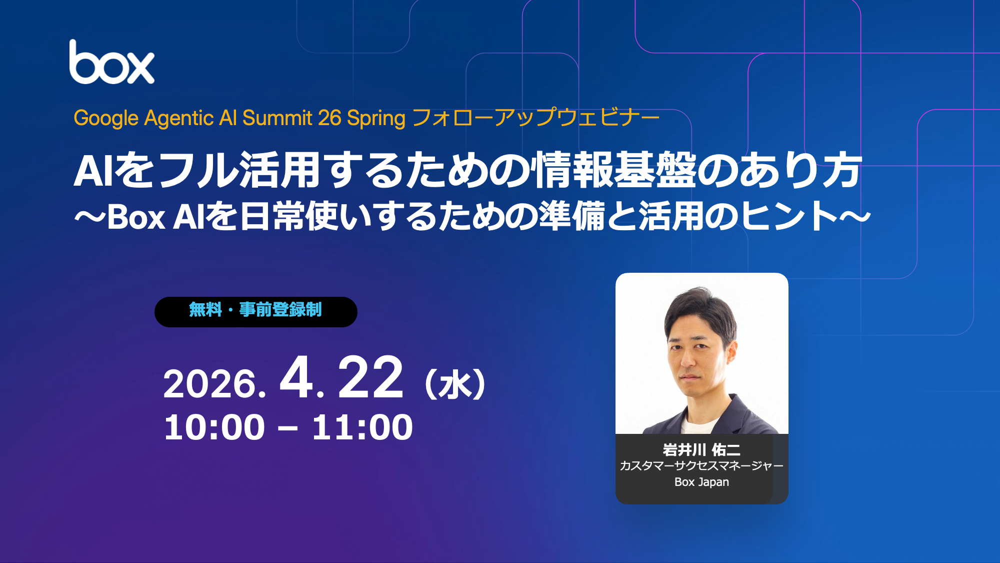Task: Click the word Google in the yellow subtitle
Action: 106,119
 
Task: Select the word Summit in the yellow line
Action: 277,118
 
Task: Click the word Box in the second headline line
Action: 136,217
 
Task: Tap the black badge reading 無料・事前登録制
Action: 256,312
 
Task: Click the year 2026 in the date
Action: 210,384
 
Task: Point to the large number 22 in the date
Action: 370,377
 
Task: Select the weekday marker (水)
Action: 455,384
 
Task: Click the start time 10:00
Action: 214,427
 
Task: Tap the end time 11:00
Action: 362,427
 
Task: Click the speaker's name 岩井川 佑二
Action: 701,449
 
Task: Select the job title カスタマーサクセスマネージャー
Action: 701,466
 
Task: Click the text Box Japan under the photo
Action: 701,482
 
